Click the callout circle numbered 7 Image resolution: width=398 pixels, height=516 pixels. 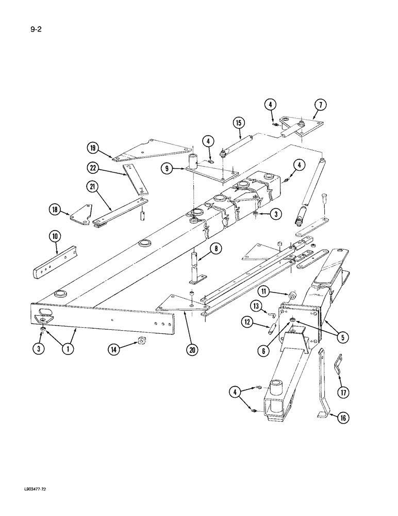(320, 106)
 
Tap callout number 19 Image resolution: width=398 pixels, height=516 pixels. (93, 149)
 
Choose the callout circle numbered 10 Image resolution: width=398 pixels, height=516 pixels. (55, 237)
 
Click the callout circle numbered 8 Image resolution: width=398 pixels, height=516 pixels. (217, 249)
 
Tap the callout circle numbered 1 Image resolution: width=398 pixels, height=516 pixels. (67, 349)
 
